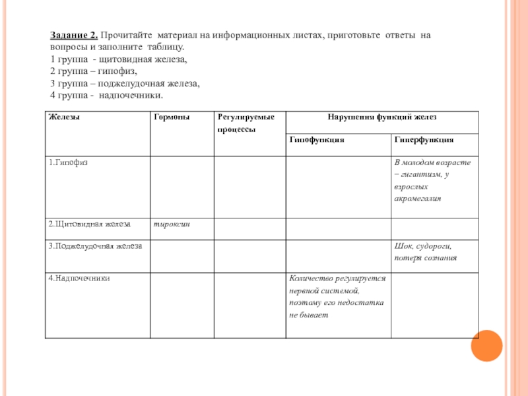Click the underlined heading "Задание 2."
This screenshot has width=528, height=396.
[x=75, y=34]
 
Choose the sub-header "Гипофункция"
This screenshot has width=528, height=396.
[x=317, y=140]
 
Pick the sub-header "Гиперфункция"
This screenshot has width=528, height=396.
[x=424, y=140]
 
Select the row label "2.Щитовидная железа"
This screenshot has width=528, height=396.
[x=89, y=224]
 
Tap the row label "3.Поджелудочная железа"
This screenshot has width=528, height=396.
[x=95, y=246]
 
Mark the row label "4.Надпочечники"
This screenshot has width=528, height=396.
[x=79, y=279]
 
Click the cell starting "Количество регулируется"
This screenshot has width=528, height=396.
[x=337, y=297]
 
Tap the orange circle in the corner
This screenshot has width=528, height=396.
[x=487, y=345]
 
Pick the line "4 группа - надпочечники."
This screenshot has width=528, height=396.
[x=106, y=95]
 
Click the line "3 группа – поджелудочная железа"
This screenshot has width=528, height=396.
[x=125, y=83]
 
